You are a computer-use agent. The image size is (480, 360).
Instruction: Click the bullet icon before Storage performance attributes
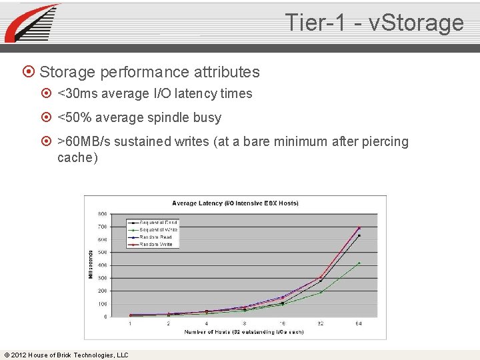click(29, 72)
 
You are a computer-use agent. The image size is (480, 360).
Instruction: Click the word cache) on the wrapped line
click(77, 158)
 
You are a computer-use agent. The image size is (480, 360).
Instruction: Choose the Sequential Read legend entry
click(155, 223)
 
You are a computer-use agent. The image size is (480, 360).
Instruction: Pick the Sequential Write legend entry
click(155, 230)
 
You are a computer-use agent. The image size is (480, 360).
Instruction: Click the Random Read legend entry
click(155, 237)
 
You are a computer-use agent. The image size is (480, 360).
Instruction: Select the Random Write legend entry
click(155, 245)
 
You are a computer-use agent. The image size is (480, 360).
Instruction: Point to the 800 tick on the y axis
click(103, 214)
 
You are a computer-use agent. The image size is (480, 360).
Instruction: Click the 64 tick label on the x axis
click(359, 323)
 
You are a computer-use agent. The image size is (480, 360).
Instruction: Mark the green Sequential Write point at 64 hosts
click(359, 263)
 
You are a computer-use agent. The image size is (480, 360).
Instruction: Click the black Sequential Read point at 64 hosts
click(359, 235)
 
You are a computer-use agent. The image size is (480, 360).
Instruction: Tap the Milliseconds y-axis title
click(91, 265)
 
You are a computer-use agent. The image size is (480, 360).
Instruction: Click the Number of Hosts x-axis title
click(244, 331)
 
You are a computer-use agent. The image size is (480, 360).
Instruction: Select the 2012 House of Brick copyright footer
click(66, 355)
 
